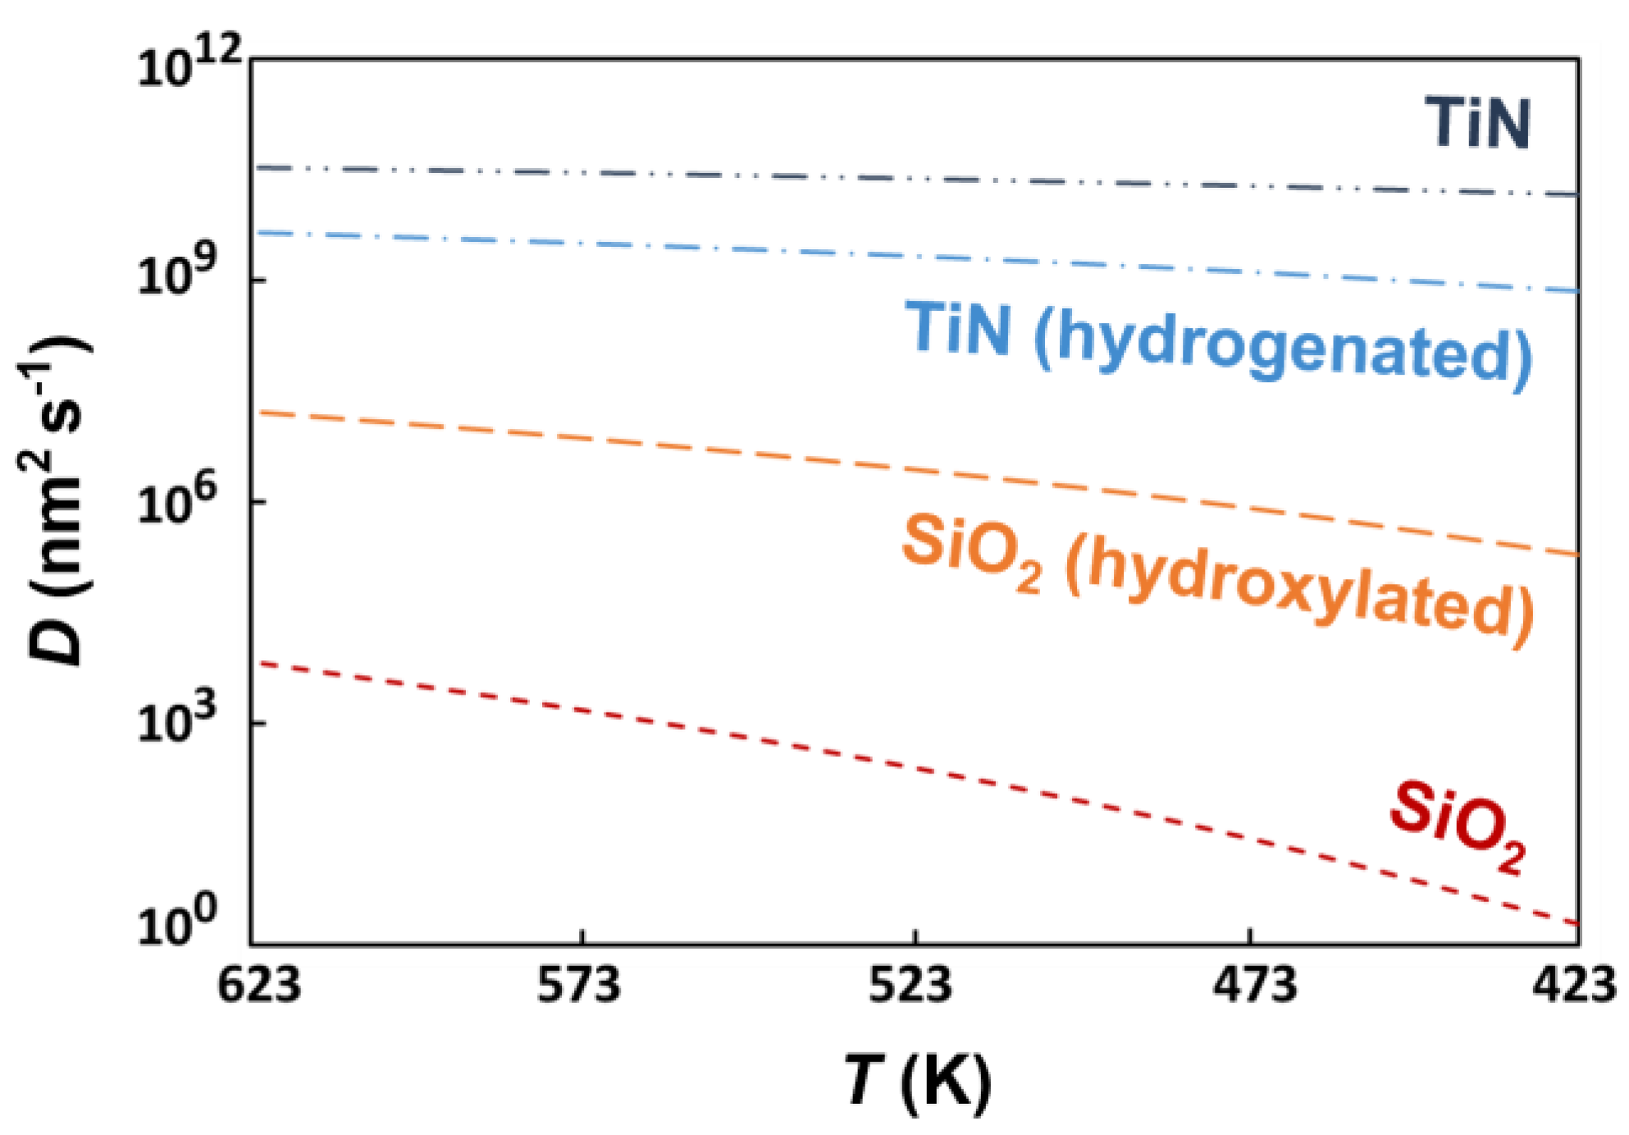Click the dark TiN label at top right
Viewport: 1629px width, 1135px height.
[x=1476, y=124]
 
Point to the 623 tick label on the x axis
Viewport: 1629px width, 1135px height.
[x=258, y=983]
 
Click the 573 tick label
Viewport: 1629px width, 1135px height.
[x=579, y=983]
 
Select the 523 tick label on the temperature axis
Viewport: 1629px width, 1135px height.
[x=910, y=983]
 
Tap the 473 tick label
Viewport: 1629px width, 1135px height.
[x=1255, y=983]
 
